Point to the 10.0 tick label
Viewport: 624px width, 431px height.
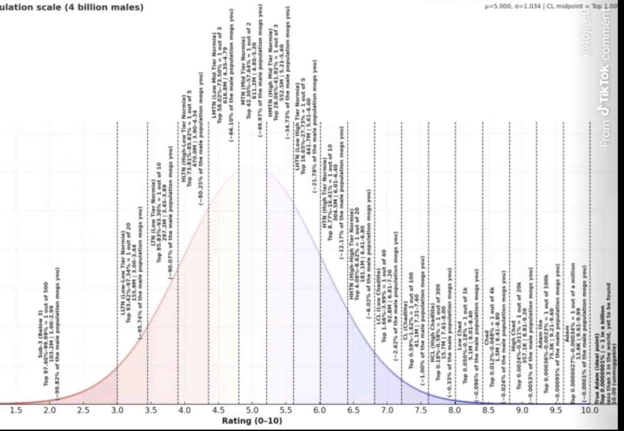(589, 411)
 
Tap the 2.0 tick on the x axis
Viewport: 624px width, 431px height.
(50, 411)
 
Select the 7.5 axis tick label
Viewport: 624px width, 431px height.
(421, 411)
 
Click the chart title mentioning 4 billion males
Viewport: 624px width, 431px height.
(72, 8)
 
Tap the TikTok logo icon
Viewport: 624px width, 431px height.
(605, 110)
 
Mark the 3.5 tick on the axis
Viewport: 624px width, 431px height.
(151, 411)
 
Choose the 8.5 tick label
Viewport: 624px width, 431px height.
(488, 411)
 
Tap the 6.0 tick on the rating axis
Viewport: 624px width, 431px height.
(320, 411)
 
